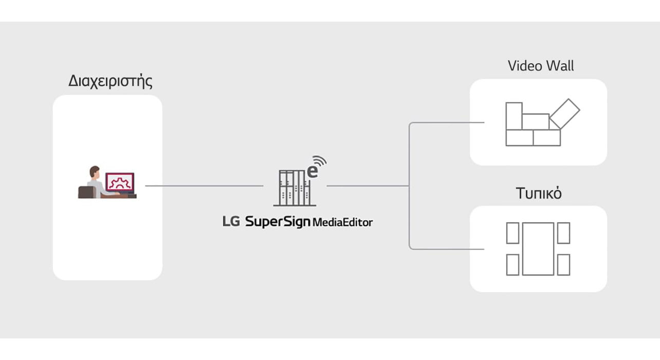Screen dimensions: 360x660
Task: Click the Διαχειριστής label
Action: [111, 82]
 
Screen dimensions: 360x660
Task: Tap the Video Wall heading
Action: [541, 66]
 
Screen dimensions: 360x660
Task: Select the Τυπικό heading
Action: [539, 194]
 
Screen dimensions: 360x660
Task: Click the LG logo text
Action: [231, 222]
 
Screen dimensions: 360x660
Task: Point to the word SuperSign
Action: [278, 222]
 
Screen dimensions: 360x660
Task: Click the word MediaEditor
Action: [343, 222]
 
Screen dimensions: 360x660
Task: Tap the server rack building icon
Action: [291, 187]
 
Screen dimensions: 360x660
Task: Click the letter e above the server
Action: [312, 171]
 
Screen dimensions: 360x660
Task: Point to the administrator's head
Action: [94, 171]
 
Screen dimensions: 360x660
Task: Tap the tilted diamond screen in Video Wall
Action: [564, 113]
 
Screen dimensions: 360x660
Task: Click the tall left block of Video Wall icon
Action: [514, 116]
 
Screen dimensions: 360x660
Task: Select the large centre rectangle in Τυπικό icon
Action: [538, 249]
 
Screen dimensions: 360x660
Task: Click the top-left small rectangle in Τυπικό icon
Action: [512, 233]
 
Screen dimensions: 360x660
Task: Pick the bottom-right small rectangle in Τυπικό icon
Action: [564, 265]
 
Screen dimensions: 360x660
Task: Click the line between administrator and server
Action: [205, 186]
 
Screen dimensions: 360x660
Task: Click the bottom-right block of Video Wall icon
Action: [546, 137]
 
